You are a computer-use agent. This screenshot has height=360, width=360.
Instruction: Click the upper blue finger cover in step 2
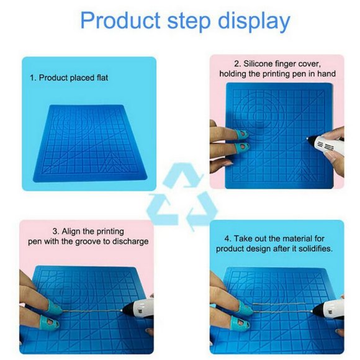click(236, 134)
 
